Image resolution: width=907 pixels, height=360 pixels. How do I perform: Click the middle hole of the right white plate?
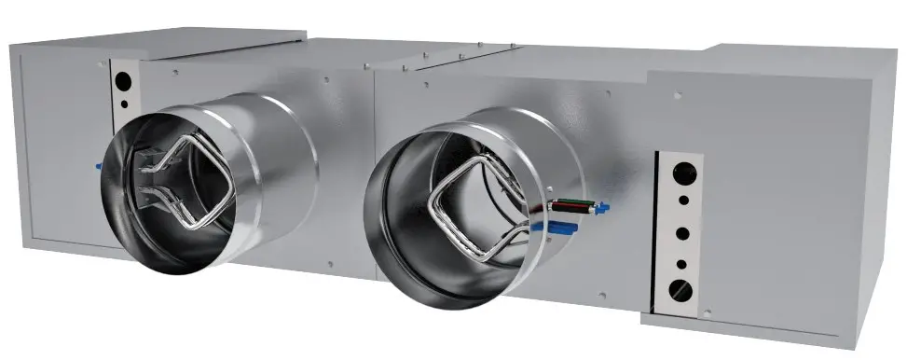coord(682,231)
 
